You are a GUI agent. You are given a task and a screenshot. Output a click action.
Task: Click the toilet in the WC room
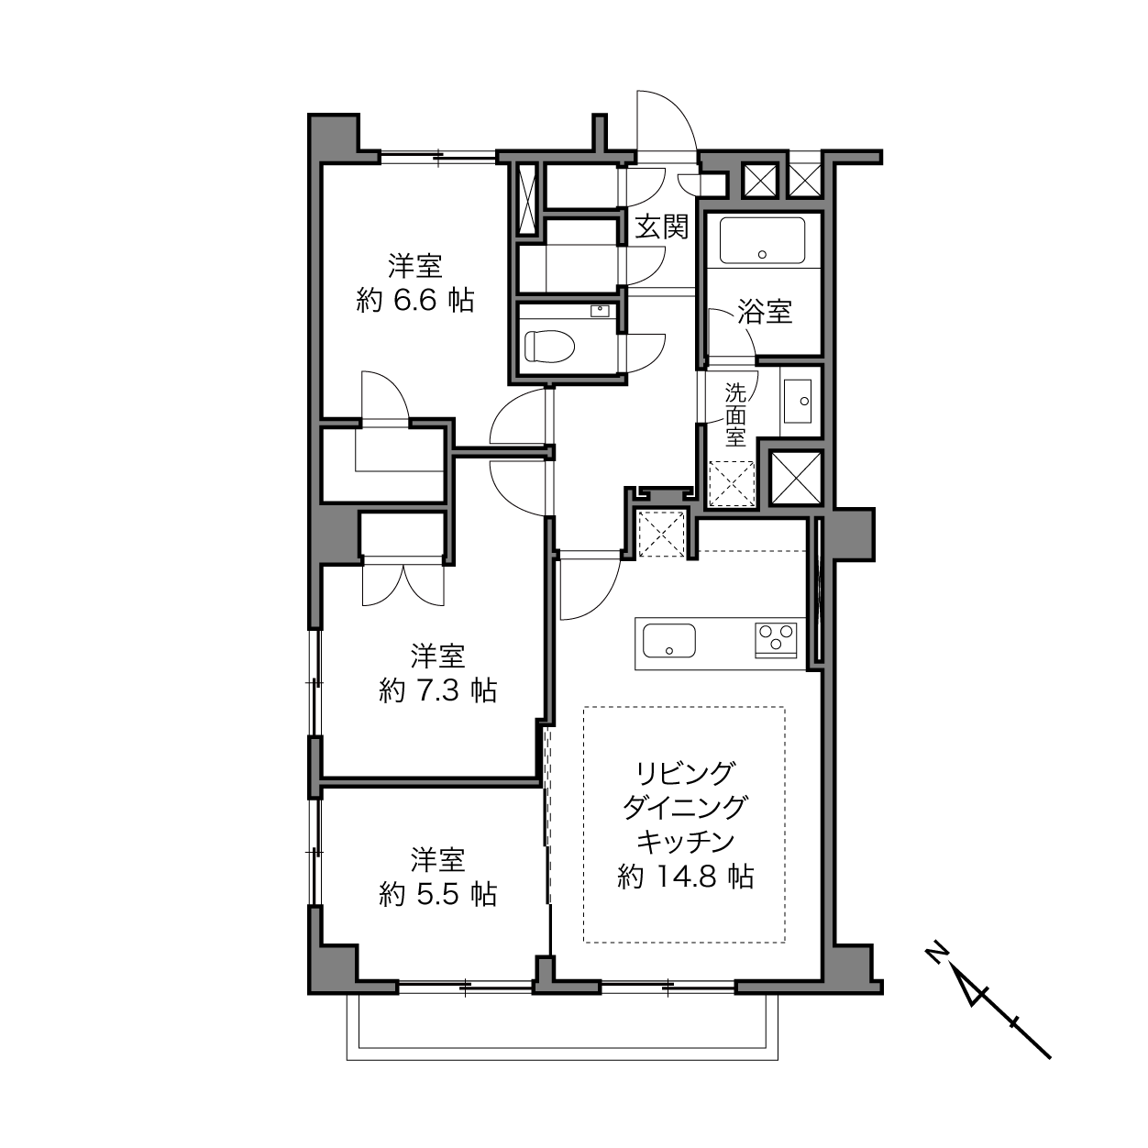tap(550, 346)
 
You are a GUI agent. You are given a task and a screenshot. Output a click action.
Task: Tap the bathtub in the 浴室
tap(762, 240)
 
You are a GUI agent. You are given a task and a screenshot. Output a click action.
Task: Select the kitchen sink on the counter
tap(669, 640)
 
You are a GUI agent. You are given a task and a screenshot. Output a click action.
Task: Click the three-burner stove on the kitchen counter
tap(777, 639)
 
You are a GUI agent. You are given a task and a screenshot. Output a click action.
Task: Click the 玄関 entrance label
tap(661, 227)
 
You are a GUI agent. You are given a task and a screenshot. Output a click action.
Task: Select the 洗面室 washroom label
tap(735, 414)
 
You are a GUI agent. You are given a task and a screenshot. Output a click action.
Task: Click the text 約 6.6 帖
tap(415, 300)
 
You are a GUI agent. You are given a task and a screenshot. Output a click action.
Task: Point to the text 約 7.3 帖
tap(438, 690)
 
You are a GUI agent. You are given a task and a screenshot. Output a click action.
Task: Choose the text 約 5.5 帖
tap(438, 894)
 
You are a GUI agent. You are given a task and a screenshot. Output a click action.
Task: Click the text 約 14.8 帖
tap(686, 877)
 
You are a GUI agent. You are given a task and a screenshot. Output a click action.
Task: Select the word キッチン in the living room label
tap(685, 841)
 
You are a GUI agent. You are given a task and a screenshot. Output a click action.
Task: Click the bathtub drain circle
tap(762, 254)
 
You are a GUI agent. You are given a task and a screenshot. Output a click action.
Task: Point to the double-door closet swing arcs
tap(403, 585)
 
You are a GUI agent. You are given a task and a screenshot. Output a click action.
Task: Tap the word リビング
tap(685, 773)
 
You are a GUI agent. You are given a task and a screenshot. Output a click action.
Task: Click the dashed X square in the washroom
tap(732, 484)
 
